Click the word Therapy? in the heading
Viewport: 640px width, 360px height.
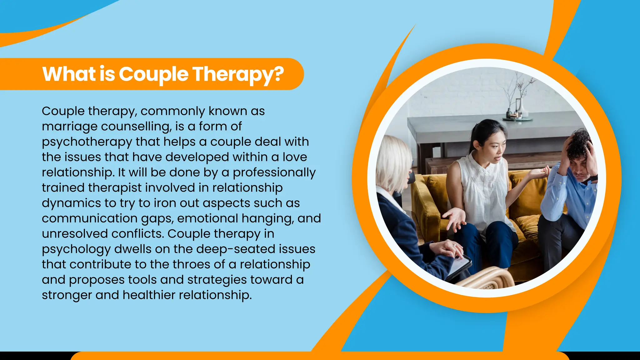click(238, 74)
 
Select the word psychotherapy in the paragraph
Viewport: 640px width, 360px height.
click(87, 142)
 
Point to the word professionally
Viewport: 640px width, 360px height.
click(274, 172)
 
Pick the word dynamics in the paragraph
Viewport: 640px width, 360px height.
click(71, 203)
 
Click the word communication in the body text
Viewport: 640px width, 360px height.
click(89, 218)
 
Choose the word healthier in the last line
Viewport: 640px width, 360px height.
click(149, 295)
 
